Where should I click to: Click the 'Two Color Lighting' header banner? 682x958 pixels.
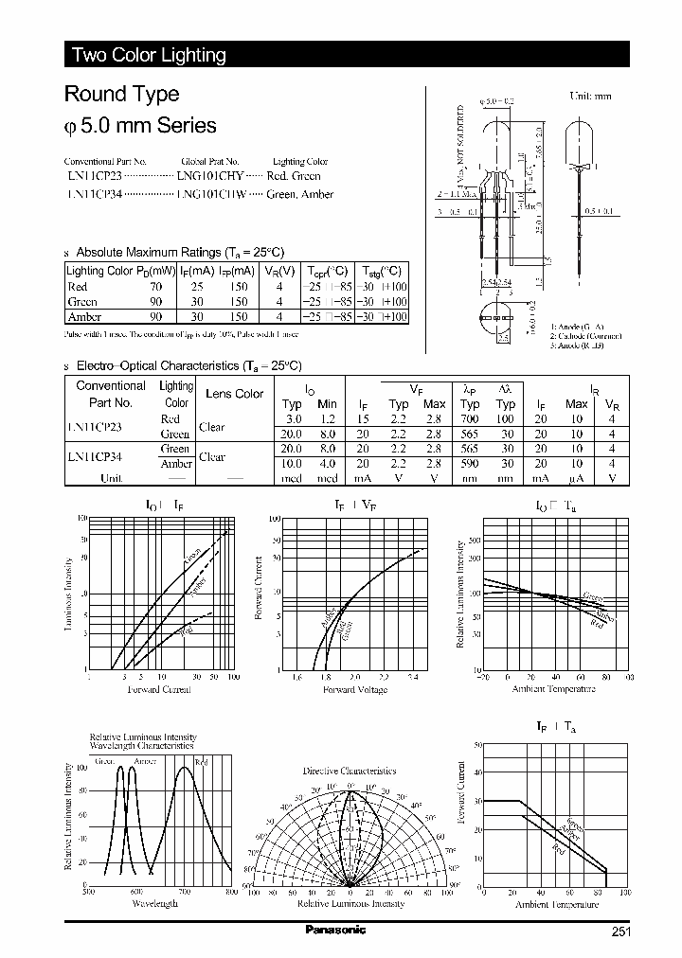(x=150, y=55)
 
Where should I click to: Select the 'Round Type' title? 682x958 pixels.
(x=121, y=94)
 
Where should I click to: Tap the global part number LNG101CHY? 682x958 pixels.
(x=210, y=176)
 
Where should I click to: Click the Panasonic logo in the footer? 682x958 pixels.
(x=335, y=931)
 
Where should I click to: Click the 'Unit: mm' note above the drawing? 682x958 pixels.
(x=590, y=97)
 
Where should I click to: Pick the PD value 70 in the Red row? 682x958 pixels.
(x=156, y=286)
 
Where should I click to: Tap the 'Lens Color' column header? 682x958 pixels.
(x=235, y=394)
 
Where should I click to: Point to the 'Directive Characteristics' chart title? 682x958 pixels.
(x=349, y=772)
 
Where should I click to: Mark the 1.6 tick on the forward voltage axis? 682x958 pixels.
(x=296, y=678)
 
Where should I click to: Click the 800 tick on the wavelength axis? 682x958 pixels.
(x=231, y=892)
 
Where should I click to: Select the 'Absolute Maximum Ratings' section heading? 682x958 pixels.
(x=179, y=253)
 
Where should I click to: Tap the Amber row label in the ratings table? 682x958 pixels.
(x=84, y=317)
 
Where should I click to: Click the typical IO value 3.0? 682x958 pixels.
(x=293, y=418)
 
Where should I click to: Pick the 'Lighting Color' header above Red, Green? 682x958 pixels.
(x=299, y=162)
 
